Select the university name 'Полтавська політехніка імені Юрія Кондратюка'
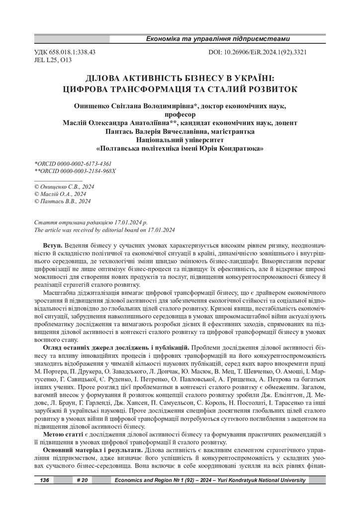180,149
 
